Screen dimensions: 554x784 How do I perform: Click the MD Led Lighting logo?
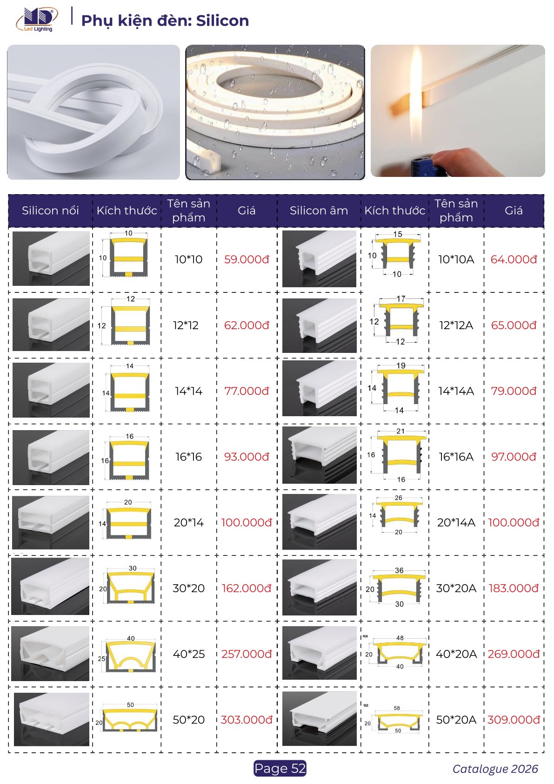(37, 20)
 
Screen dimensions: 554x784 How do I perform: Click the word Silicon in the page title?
(222, 20)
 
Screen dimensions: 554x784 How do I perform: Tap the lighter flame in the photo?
(417, 93)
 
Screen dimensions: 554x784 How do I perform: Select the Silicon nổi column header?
(50, 210)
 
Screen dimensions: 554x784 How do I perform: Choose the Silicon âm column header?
(319, 210)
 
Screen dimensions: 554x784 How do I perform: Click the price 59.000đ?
(247, 259)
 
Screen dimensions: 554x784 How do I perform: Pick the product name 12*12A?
(456, 325)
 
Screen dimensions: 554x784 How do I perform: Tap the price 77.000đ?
(247, 391)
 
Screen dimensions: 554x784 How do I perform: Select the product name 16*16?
(188, 457)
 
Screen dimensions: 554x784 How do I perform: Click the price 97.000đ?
(514, 457)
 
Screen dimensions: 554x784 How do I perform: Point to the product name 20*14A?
(456, 522)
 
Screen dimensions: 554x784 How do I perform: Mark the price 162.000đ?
(247, 588)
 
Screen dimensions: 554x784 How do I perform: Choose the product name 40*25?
(188, 654)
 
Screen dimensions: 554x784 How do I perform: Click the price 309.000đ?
(514, 720)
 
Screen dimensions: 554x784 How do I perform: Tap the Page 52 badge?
(280, 768)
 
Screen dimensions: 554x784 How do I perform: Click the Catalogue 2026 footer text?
(495, 769)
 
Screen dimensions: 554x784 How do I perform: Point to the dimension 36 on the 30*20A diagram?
(399, 570)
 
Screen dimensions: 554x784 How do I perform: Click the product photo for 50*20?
(52, 719)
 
